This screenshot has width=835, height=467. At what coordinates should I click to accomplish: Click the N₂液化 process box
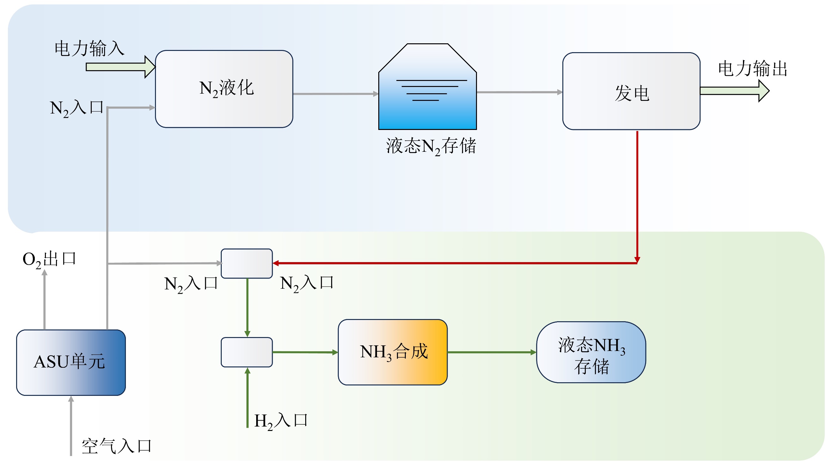pos(224,89)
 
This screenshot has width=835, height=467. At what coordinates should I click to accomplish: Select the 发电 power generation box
pos(631,91)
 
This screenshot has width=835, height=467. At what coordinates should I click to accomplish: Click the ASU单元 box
pos(71,362)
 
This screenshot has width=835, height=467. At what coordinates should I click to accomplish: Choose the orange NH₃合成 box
pos(393,352)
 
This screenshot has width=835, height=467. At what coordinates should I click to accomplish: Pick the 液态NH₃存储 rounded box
pos(591,352)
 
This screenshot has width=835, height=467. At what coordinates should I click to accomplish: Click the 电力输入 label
pos(90,49)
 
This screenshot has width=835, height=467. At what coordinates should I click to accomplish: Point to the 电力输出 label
pos(753,69)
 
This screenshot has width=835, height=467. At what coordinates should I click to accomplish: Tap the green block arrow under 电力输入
pos(120,67)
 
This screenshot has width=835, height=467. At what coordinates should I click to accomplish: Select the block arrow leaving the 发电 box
pos(734,91)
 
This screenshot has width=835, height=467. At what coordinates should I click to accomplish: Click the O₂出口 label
pos(49,259)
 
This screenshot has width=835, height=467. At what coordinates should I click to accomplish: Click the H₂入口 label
pos(281,421)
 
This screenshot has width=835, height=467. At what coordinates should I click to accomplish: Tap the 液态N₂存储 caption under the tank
pos(431,146)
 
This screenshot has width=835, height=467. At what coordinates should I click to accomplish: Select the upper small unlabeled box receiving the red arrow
pos(247,263)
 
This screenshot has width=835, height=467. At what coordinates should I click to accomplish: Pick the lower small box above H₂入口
pos(247,352)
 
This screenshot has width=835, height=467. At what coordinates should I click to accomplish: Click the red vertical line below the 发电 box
pos(637,194)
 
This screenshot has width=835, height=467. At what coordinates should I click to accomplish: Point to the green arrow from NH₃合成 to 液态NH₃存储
pos(492,352)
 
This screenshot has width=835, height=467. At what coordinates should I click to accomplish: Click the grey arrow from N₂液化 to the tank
pos(336,94)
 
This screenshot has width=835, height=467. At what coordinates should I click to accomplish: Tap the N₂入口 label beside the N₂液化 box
pos(77,108)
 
